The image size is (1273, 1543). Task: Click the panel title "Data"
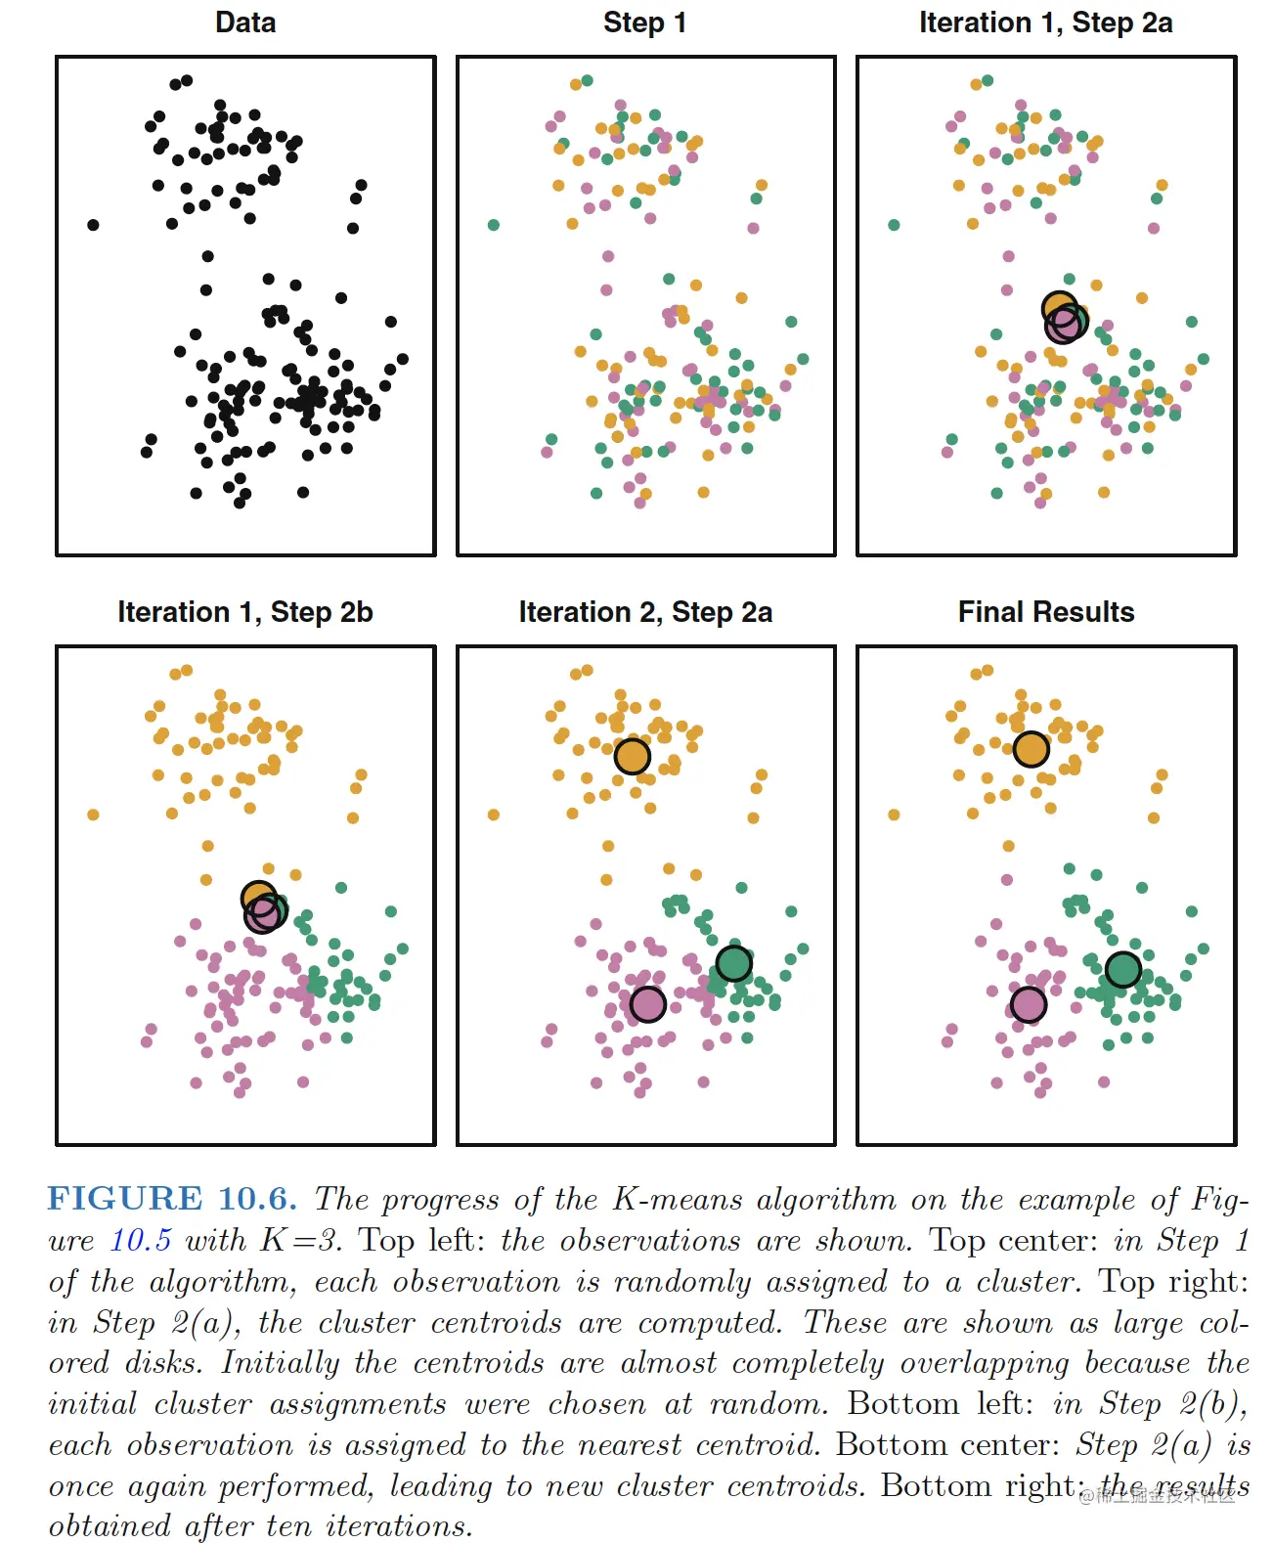tap(245, 22)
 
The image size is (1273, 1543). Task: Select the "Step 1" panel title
tap(644, 22)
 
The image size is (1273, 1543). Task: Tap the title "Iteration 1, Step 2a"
tap(1045, 22)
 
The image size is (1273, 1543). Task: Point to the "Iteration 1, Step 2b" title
tap(245, 612)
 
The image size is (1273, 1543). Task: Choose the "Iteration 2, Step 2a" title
tap(645, 612)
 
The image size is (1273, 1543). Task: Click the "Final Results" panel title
tap(1046, 612)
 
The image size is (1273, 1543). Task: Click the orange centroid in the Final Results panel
tap(1031, 749)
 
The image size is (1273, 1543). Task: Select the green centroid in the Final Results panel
tap(1122, 969)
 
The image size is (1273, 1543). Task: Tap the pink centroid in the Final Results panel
tap(1028, 1003)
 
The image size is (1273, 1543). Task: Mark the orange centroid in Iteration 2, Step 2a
tap(633, 756)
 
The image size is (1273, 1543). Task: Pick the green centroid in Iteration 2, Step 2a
tap(733, 963)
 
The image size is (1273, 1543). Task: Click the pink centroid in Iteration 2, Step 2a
tap(647, 1003)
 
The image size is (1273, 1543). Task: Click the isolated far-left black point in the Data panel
tap(93, 225)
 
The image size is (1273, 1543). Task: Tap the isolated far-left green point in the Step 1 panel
tap(494, 225)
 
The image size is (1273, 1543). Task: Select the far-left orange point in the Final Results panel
tap(894, 815)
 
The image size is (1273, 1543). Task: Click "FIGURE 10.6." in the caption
tap(172, 1199)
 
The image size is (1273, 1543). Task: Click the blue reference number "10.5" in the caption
tap(140, 1240)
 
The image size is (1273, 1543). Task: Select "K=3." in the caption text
tap(302, 1240)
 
